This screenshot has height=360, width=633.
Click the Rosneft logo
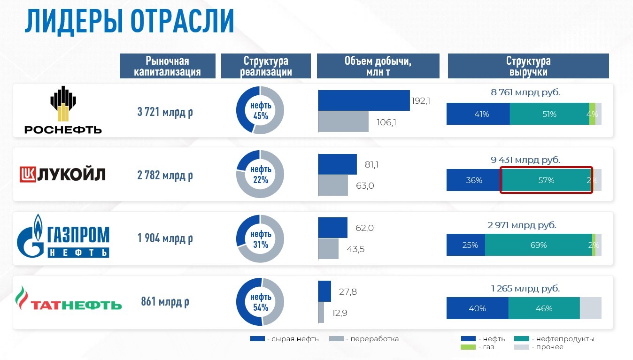tap(63, 110)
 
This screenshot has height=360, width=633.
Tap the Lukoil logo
tap(62, 175)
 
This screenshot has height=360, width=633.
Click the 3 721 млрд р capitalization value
tap(165, 112)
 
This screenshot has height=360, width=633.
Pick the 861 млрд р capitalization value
tap(165, 302)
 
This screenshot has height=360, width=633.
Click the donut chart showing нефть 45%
tap(260, 110)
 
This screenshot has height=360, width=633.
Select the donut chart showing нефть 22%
tap(260, 174)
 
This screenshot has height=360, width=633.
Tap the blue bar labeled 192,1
tap(363, 100)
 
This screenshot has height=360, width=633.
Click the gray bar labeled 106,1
tap(343, 122)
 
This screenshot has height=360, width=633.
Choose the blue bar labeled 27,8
tap(324, 291)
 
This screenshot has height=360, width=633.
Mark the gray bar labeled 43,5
tap(328, 249)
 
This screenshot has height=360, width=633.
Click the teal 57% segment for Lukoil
tap(546, 180)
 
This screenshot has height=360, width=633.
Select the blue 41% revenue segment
tap(478, 114)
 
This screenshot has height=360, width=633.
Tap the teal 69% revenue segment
tap(538, 245)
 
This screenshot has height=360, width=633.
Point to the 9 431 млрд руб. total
tap(525, 160)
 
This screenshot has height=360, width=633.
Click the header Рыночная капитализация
tap(167, 66)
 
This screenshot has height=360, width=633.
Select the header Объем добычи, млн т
tap(378, 66)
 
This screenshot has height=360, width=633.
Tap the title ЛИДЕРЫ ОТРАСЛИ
tap(129, 21)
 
